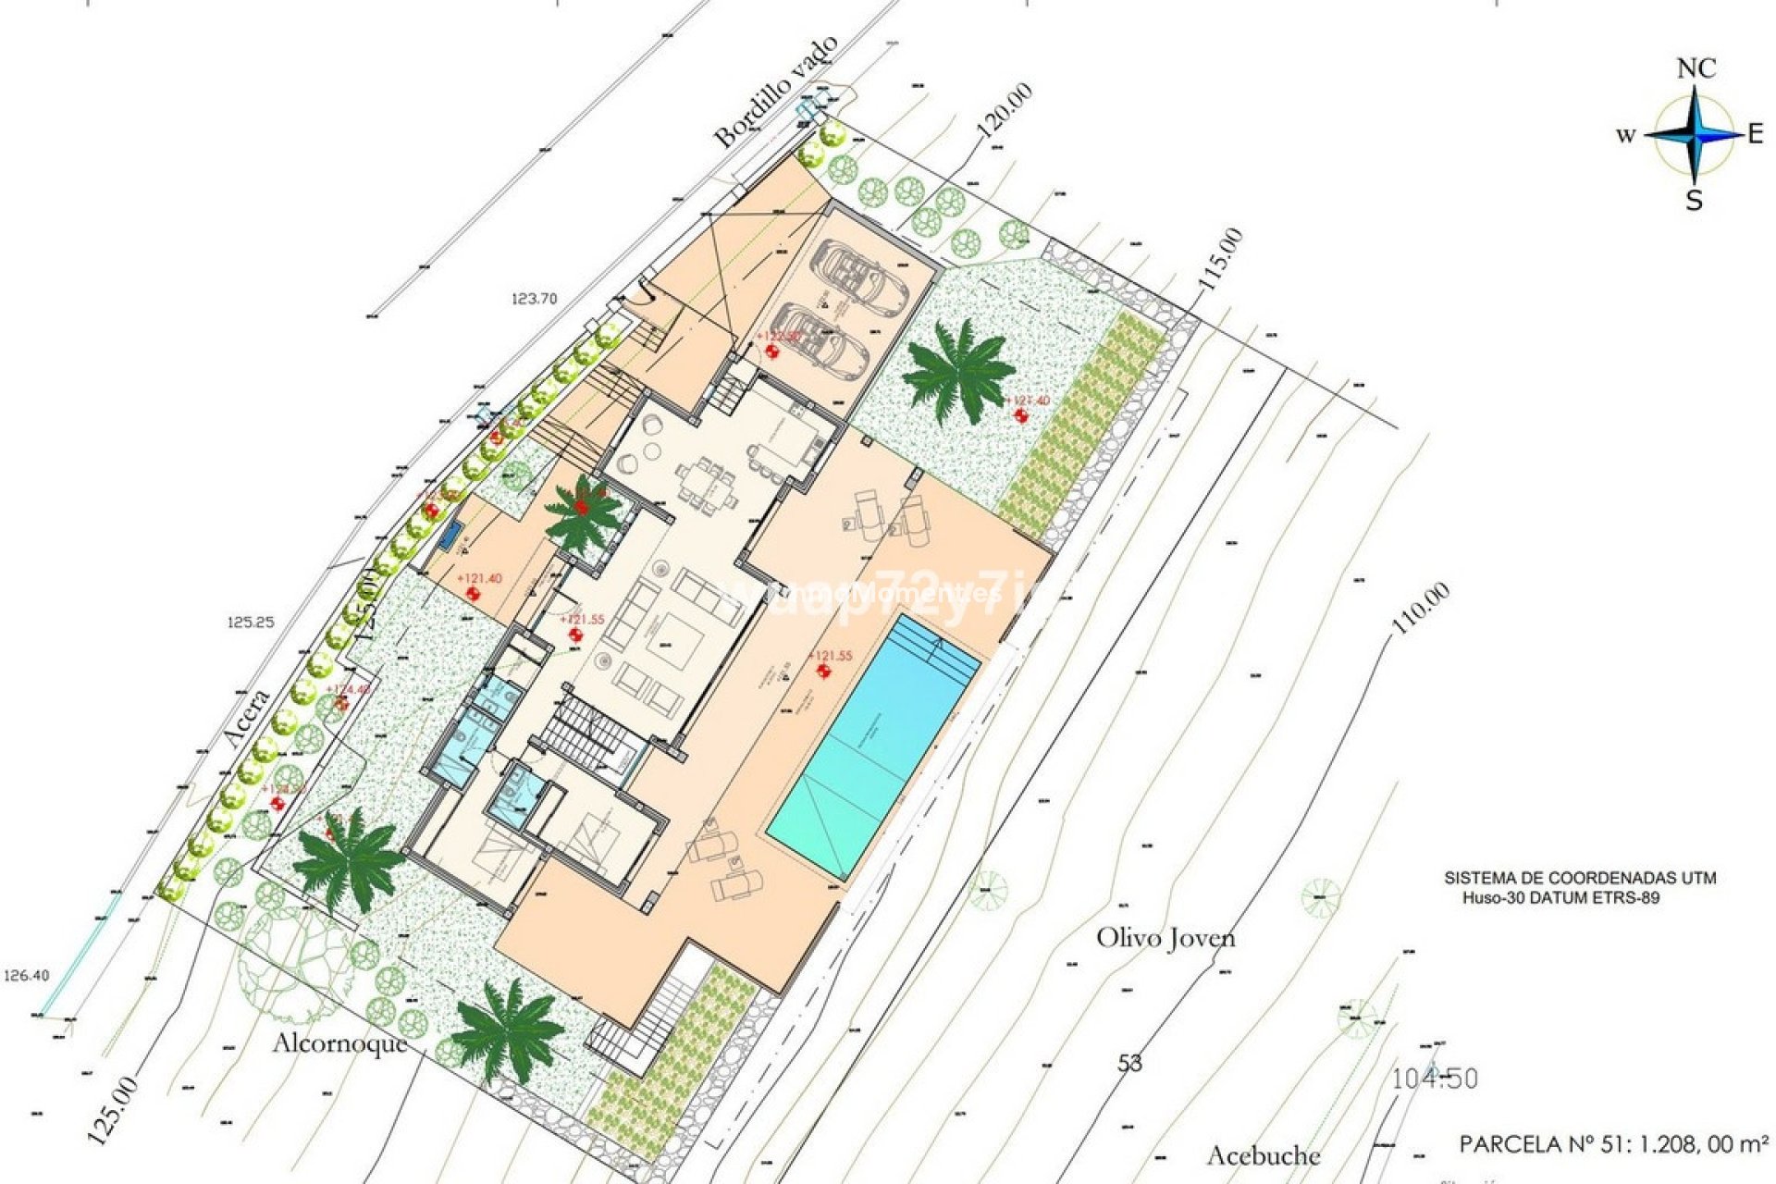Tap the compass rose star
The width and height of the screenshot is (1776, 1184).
[1694, 135]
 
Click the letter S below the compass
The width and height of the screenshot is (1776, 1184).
[1694, 201]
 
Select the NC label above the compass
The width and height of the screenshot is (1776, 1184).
[1696, 68]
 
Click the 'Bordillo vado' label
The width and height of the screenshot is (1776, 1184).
[776, 92]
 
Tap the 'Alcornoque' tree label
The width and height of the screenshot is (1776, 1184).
[340, 1043]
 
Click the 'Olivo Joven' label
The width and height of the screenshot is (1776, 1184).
[1165, 938]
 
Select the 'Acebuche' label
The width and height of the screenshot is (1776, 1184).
[1264, 1155]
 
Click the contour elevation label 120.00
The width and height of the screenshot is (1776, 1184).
[1005, 111]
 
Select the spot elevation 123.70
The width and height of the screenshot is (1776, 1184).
[535, 299]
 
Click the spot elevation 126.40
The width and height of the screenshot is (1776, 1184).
[27, 975]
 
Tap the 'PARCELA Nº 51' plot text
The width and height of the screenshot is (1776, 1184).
[1613, 1144]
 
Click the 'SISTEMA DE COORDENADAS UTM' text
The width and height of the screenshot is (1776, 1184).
[1580, 878]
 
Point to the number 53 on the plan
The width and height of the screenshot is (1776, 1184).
[1130, 1064]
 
